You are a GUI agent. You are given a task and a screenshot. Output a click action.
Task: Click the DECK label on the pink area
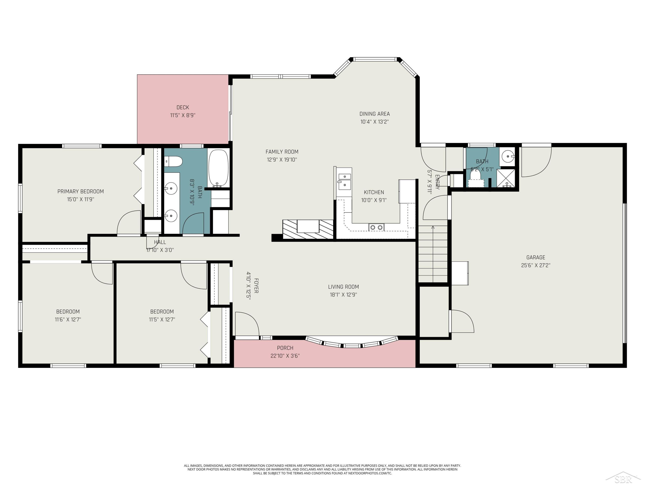pyautogui.click(x=183, y=107)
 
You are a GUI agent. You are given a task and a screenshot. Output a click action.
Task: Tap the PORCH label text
pyautogui.click(x=285, y=348)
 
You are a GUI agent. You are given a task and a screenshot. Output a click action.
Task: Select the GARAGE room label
pyautogui.click(x=536, y=257)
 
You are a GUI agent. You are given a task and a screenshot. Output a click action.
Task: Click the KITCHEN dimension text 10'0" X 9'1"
pyautogui.click(x=374, y=200)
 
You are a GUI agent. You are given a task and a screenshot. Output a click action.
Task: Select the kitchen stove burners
pyautogui.click(x=376, y=227)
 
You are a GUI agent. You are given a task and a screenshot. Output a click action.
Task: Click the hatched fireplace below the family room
pyautogui.click(x=308, y=229)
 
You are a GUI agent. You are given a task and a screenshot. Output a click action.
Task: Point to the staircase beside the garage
pyautogui.click(x=433, y=254)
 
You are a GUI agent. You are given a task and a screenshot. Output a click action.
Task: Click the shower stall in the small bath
pyautogui.click(x=506, y=178)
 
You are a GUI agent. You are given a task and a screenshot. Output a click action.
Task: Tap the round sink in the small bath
pyautogui.click(x=508, y=156)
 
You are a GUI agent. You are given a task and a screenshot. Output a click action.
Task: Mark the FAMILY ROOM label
pyautogui.click(x=282, y=152)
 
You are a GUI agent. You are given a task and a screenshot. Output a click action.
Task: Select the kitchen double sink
pyautogui.click(x=344, y=181)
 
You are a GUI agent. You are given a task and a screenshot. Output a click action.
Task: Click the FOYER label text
pyautogui.click(x=256, y=286)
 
